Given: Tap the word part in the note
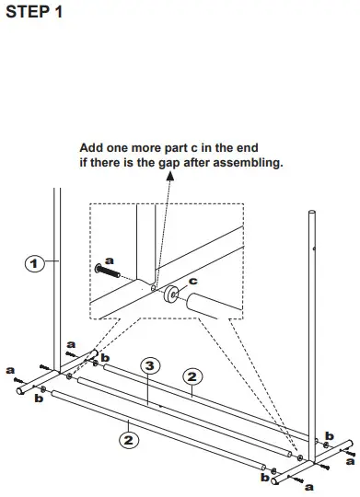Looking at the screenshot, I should tap(187, 147).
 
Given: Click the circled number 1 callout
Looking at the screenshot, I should tap(35, 264).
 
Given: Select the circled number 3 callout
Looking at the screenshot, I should tap(149, 365).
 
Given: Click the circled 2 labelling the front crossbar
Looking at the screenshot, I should tap(129, 440).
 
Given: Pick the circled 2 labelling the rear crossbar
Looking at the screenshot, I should tap(192, 376).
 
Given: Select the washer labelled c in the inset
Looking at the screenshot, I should tap(170, 295).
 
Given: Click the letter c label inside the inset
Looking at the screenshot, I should tap(193, 282).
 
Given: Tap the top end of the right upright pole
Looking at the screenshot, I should tap(310, 214).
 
